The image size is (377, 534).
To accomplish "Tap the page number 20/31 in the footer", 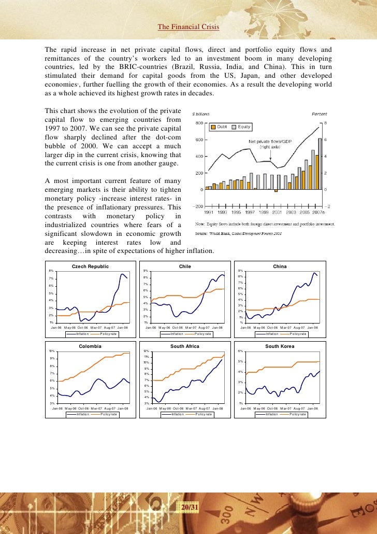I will tap(189, 506).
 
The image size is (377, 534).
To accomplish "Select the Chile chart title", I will tap(185, 266).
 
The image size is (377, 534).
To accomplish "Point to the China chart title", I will tap(280, 266).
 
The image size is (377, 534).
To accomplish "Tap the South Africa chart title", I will tap(185, 346).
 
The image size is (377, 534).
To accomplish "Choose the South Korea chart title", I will tap(280, 346).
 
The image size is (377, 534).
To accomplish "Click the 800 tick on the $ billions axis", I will tap(199, 123).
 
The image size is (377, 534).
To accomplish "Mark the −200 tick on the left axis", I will tap(197, 206).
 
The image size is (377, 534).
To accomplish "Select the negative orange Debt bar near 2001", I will tap(276, 191).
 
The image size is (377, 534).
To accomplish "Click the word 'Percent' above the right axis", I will tap(319, 114).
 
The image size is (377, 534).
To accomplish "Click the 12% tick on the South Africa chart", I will tap(147, 350).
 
